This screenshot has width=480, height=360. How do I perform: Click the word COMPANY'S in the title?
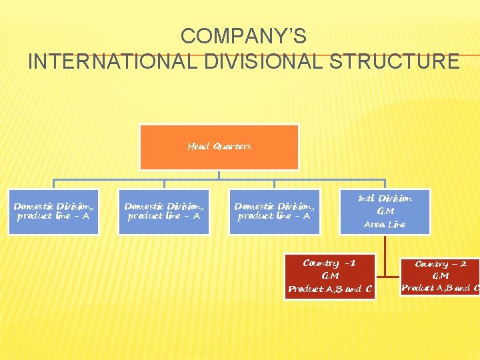(243, 35)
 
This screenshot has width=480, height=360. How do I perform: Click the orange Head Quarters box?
(219, 147)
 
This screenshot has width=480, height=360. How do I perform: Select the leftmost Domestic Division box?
(53, 211)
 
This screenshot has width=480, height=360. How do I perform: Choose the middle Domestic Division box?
(164, 211)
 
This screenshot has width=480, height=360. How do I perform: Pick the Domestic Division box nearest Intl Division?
(274, 211)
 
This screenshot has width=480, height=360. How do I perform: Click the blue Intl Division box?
(385, 211)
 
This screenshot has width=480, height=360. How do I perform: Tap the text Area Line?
(385, 225)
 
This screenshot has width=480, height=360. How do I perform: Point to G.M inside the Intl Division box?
(385, 211)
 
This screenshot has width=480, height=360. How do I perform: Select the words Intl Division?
(385, 198)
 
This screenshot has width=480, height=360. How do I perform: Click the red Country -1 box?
(330, 276)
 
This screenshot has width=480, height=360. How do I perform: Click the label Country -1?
(329, 263)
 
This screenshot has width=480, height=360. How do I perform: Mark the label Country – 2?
(441, 264)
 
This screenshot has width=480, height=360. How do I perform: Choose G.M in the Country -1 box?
(329, 276)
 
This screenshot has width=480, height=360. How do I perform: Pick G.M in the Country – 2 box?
(440, 276)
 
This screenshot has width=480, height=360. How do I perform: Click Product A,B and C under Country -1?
(330, 289)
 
